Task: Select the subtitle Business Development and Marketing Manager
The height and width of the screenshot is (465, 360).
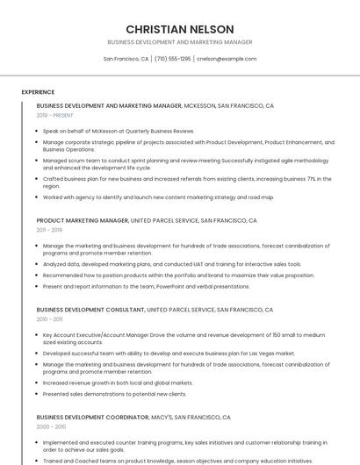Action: click(179, 42)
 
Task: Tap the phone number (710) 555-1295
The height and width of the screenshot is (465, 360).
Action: click(173, 59)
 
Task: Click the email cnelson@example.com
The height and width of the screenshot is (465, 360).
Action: click(227, 59)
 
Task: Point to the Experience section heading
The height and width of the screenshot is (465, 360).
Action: click(38, 91)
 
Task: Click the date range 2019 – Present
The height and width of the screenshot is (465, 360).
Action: click(54, 115)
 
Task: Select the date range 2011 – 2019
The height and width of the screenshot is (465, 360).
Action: click(49, 230)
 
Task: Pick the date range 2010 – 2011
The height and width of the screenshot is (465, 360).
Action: click(49, 319)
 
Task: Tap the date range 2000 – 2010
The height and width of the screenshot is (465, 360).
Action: click(51, 426)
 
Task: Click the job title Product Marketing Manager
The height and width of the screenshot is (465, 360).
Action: click(83, 221)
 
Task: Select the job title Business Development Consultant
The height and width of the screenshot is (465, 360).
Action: click(90, 310)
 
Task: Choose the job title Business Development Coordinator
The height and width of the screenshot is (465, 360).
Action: click(92, 418)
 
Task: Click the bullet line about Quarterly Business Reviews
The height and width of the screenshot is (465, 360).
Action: click(119, 131)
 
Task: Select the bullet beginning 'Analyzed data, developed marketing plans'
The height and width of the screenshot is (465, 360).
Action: click(171, 263)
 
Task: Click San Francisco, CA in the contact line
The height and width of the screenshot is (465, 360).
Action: click(126, 59)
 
